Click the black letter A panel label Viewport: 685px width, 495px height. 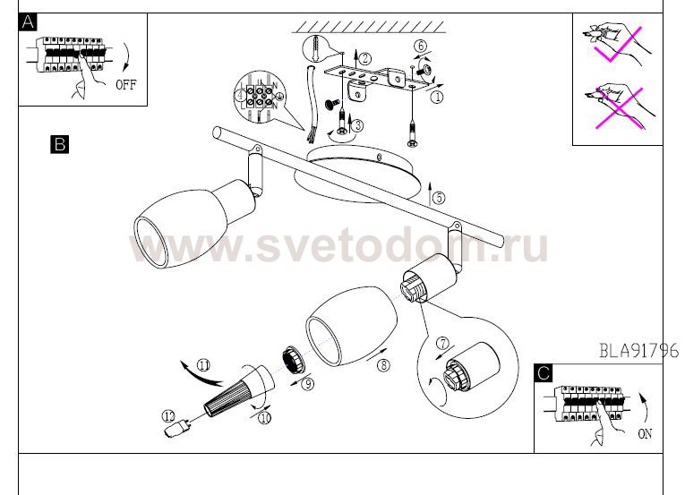[28, 22]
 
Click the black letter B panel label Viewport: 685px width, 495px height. [59, 144]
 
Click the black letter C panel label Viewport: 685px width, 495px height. [544, 373]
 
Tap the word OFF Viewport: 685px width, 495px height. [126, 84]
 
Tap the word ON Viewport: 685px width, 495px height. [645, 434]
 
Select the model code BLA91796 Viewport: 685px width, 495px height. [638, 350]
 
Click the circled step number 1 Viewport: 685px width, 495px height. [437, 97]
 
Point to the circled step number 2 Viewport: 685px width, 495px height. [365, 58]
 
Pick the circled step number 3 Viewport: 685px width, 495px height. [357, 126]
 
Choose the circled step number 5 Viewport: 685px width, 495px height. [439, 198]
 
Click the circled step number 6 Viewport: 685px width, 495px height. [420, 46]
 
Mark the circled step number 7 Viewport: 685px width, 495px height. [443, 344]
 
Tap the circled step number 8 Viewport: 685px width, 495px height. [383, 365]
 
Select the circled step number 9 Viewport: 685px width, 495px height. [308, 384]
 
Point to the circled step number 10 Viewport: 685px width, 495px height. [265, 418]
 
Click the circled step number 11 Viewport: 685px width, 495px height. [203, 365]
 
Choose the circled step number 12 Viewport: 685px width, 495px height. [168, 416]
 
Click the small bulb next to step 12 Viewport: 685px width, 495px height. [176, 427]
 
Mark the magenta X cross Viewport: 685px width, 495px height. [620, 108]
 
